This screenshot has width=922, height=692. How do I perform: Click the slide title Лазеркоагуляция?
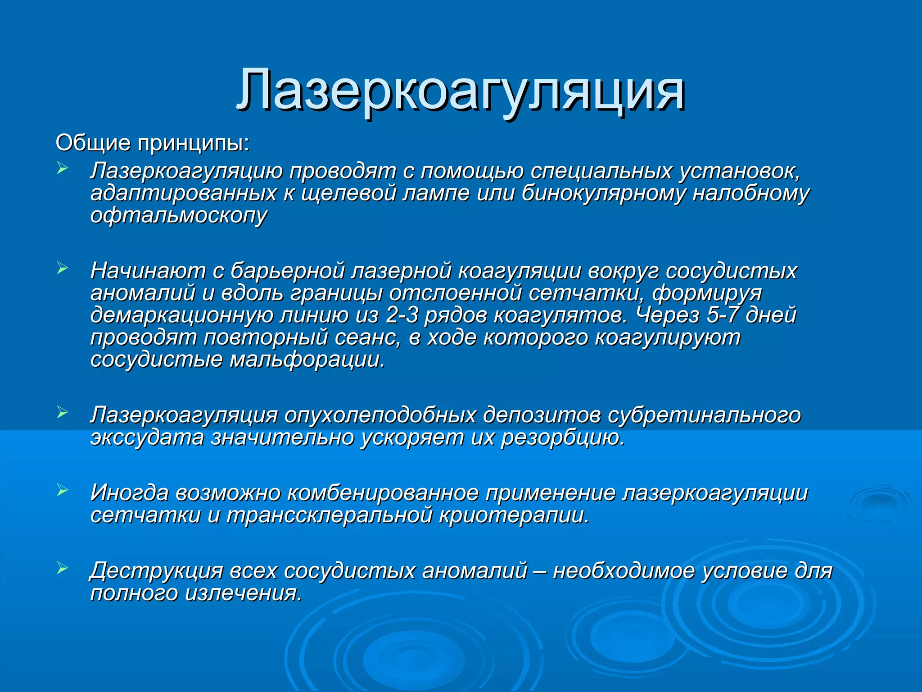(x=460, y=90)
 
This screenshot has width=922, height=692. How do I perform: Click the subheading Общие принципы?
(x=152, y=143)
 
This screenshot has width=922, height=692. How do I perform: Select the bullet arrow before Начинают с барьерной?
(x=62, y=268)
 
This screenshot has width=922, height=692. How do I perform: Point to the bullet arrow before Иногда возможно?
(x=62, y=490)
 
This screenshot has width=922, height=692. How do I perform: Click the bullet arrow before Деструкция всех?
(x=62, y=568)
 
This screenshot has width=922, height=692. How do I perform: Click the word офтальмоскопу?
(x=179, y=215)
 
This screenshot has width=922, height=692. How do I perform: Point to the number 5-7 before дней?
(x=723, y=315)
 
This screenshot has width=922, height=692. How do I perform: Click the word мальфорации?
(x=307, y=360)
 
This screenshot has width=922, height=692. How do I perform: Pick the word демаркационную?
(x=181, y=315)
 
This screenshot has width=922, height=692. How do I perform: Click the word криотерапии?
(x=514, y=515)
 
